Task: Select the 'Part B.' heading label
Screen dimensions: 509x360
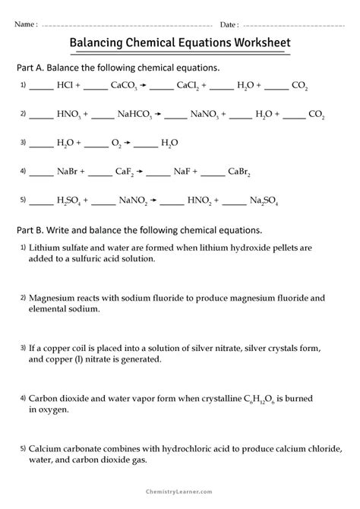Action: pyautogui.click(x=33, y=229)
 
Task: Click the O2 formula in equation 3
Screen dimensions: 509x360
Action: pyautogui.click(x=115, y=143)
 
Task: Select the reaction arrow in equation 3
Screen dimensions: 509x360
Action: pyautogui.click(x=129, y=143)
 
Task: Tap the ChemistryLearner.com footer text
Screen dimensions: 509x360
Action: pyautogui.click(x=180, y=497)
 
